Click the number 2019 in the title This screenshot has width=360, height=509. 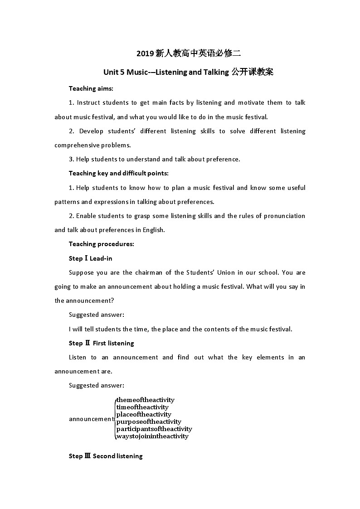[x=145, y=53]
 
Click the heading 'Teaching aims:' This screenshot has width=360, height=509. [x=91, y=88]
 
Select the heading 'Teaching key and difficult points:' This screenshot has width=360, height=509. [x=118, y=173]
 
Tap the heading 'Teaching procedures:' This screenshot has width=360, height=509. [x=101, y=244]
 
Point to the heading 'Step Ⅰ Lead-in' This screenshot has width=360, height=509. [x=90, y=258]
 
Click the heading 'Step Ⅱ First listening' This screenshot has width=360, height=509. [x=101, y=343]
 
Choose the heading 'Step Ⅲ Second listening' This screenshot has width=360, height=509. [x=106, y=456]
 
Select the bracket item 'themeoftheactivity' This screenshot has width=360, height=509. [x=145, y=400]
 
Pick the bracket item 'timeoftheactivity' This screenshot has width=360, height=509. [x=142, y=407]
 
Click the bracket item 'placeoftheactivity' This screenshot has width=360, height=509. [x=144, y=414]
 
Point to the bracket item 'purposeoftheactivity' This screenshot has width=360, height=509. [x=149, y=422]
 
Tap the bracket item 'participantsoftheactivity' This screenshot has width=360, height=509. [x=154, y=429]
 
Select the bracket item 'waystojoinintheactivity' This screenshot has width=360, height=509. [x=152, y=436]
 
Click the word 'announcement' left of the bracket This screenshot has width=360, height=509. [x=91, y=419]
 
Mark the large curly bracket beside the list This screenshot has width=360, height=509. [x=114, y=418]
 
